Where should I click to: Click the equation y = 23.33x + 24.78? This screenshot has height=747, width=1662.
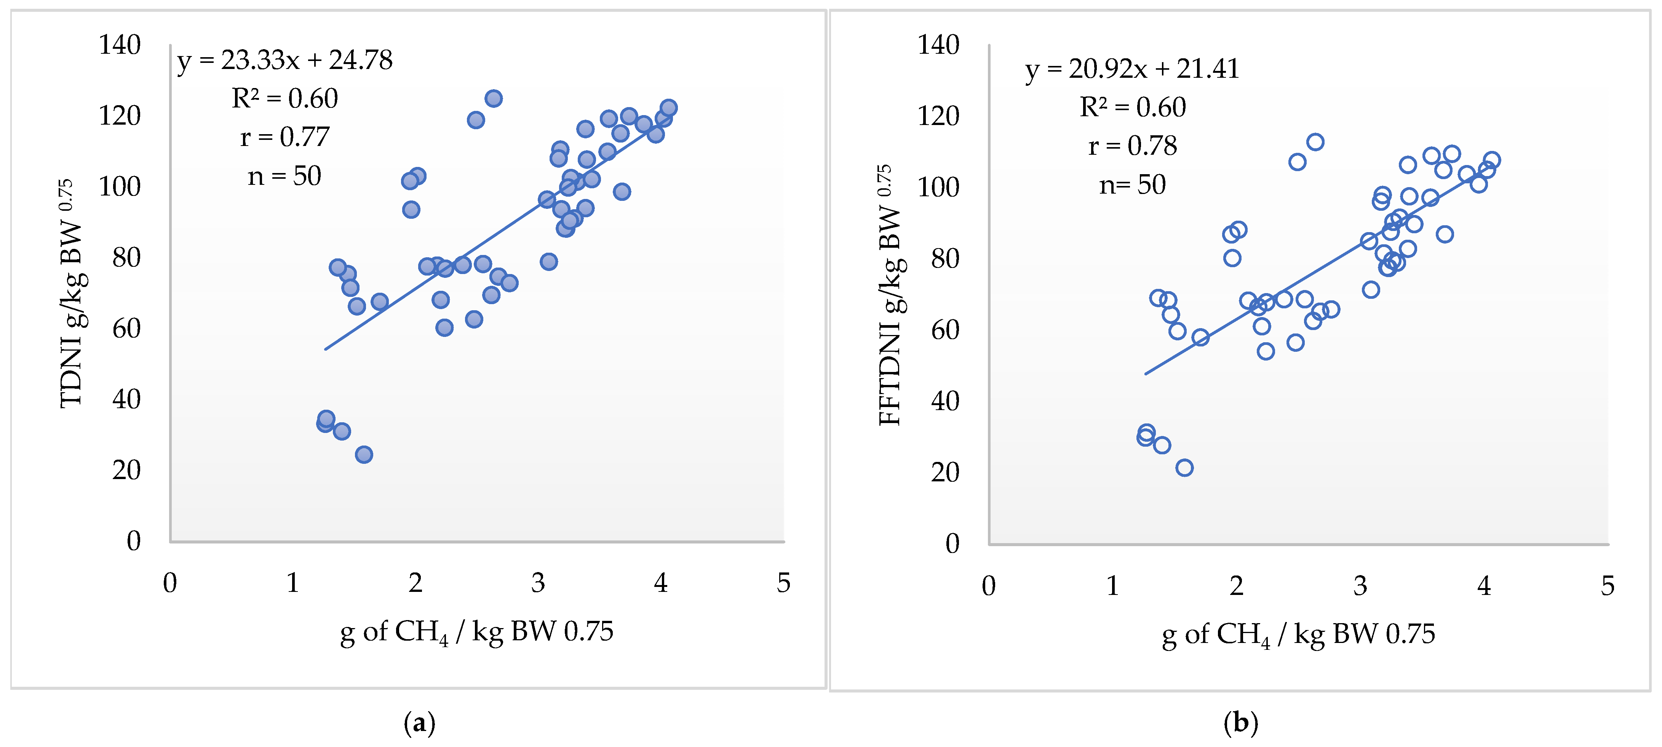point(284,60)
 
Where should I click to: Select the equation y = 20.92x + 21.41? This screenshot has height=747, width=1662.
point(1132,69)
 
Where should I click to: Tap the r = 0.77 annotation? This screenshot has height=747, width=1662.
point(284,137)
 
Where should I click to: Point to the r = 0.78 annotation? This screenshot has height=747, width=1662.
point(1132,146)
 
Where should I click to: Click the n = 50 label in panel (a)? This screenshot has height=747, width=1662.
point(284,176)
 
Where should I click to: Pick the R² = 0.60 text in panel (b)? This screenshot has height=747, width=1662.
point(1132,107)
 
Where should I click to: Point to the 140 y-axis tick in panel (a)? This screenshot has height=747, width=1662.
point(119,45)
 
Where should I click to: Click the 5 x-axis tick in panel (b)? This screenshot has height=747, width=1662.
point(1607,585)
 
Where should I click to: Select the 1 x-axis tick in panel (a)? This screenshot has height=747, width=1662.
point(292,583)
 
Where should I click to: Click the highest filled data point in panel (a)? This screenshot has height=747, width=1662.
point(494,98)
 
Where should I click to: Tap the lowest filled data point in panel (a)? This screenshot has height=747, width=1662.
point(364,455)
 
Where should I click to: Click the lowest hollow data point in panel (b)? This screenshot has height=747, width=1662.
point(1184,467)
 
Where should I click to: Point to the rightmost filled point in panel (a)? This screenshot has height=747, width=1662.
point(668,108)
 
